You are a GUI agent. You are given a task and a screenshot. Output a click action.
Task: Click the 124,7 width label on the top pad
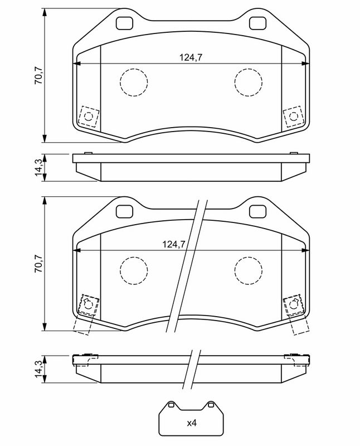[x=191, y=57]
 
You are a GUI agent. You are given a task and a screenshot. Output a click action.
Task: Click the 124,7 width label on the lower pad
[x=174, y=244]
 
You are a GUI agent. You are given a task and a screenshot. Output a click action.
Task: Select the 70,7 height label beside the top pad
[x=38, y=75]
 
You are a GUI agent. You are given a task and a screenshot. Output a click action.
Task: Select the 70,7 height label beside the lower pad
[x=38, y=263]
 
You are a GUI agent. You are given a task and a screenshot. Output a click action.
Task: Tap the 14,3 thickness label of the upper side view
[x=38, y=168]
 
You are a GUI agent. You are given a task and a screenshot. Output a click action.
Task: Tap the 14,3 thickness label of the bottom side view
[x=38, y=369]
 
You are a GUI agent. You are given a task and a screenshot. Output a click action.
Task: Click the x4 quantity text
[x=192, y=423]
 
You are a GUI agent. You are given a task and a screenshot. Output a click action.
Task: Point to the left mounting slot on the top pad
[x=124, y=23]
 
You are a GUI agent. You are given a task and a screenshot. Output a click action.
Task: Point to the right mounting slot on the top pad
[x=257, y=23]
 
